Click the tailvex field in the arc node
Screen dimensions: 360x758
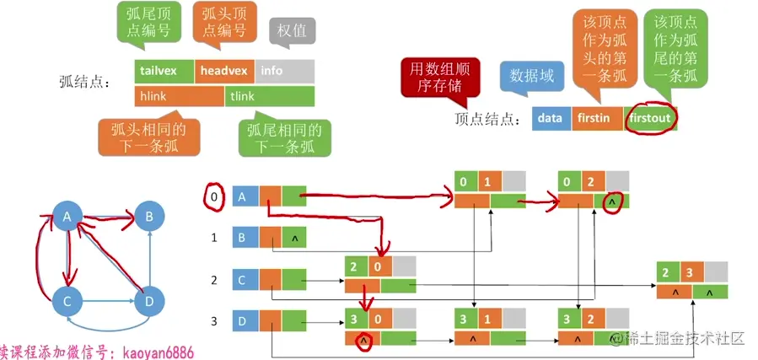(164, 71)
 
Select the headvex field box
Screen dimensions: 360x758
(224, 71)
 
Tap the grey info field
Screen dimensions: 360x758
(284, 71)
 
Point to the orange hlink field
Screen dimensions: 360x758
(180, 96)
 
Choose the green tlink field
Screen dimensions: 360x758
(270, 96)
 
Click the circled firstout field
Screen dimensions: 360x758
(650, 118)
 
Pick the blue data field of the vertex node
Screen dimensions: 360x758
(551, 118)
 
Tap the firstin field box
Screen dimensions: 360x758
(597, 118)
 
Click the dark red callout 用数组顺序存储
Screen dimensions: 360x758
(439, 78)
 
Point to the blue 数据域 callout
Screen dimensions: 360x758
(530, 76)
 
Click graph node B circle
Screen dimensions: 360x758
(149, 218)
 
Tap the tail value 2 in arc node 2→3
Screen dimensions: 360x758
(667, 272)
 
